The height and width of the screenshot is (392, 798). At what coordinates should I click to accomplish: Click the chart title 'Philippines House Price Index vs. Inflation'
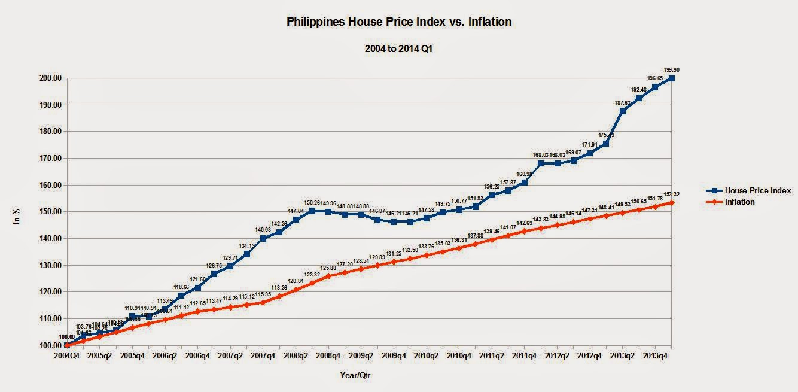pos(398,22)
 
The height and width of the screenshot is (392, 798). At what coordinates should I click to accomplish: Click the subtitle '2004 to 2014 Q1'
pos(398,49)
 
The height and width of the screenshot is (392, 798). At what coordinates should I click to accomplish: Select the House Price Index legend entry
pos(757,190)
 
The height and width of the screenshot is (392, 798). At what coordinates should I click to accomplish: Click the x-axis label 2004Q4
pos(67,355)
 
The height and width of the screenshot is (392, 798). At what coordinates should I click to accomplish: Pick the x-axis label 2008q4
pos(328,355)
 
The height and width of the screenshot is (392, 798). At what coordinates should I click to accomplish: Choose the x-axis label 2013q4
pos(655,355)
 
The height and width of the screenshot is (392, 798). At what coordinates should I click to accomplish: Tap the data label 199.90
pos(672,69)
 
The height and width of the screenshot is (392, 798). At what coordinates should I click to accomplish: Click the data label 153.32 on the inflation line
pos(672,195)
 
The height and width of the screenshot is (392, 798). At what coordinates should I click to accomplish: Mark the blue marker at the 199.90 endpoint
pos(672,78)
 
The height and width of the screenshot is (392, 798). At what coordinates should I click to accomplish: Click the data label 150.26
pos(312,202)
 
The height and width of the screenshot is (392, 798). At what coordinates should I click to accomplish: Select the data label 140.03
pos(263,229)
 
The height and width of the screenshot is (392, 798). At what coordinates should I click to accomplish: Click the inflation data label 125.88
pos(328,268)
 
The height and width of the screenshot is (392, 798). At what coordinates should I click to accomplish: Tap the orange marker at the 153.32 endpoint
pos(672,203)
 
